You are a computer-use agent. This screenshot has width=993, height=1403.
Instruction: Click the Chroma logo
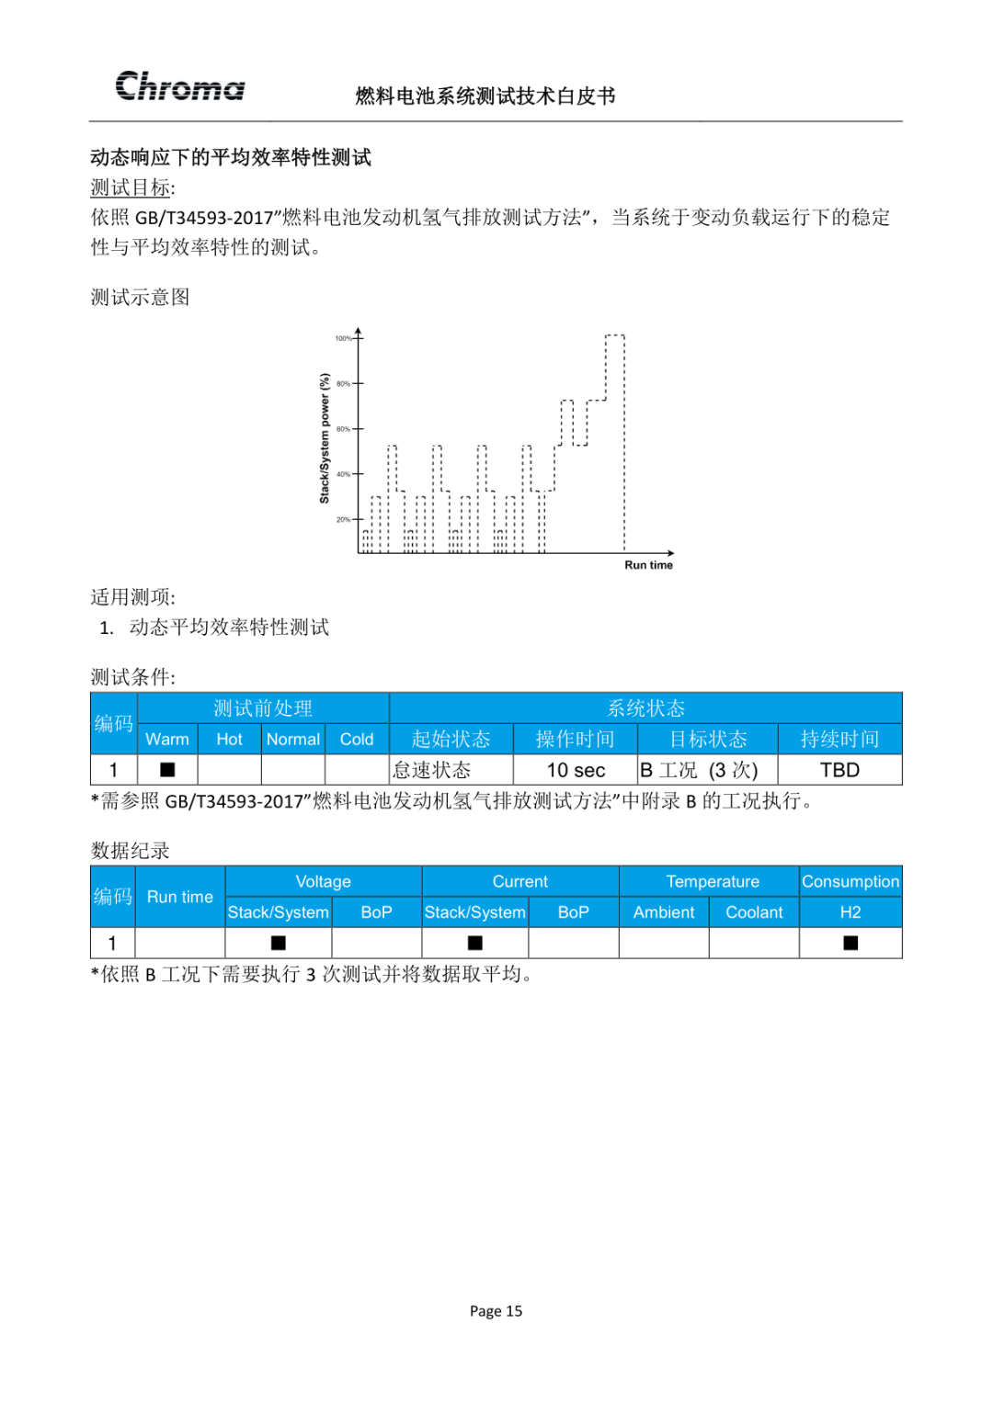pos(180,86)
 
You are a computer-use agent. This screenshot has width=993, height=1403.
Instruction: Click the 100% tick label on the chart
pos(343,338)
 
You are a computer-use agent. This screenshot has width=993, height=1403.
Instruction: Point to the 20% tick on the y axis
pos(343,519)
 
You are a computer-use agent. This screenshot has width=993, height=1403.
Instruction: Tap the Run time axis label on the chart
pos(648,565)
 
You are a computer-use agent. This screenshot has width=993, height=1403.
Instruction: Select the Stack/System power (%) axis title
pos(325,438)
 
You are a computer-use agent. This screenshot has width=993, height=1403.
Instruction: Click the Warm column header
pos(167,740)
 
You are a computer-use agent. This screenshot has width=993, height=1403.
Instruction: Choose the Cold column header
pos(357,740)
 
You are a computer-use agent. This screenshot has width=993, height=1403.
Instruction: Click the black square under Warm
pos(167,770)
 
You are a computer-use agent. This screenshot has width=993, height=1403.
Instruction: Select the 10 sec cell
pos(576,770)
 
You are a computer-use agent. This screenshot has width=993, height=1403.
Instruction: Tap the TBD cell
pos(839,770)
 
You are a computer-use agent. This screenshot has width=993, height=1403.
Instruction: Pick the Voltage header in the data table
pos(323,882)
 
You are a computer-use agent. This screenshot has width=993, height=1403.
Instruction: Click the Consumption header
pos(850,882)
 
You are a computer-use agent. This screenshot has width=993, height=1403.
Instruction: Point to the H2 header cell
pos(850,912)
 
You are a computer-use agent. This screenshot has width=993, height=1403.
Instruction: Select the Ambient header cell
pos(664,912)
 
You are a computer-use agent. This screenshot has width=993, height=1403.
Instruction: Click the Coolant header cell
pos(754,912)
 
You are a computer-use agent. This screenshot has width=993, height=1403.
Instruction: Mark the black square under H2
pos(850,943)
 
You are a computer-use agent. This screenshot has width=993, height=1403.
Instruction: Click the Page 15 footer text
pos(496,1311)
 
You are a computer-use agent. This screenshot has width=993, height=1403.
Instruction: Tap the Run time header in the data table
pos(180,897)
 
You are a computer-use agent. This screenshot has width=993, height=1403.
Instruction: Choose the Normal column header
pos(293,740)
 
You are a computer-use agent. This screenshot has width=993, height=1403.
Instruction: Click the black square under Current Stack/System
pos(475,943)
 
